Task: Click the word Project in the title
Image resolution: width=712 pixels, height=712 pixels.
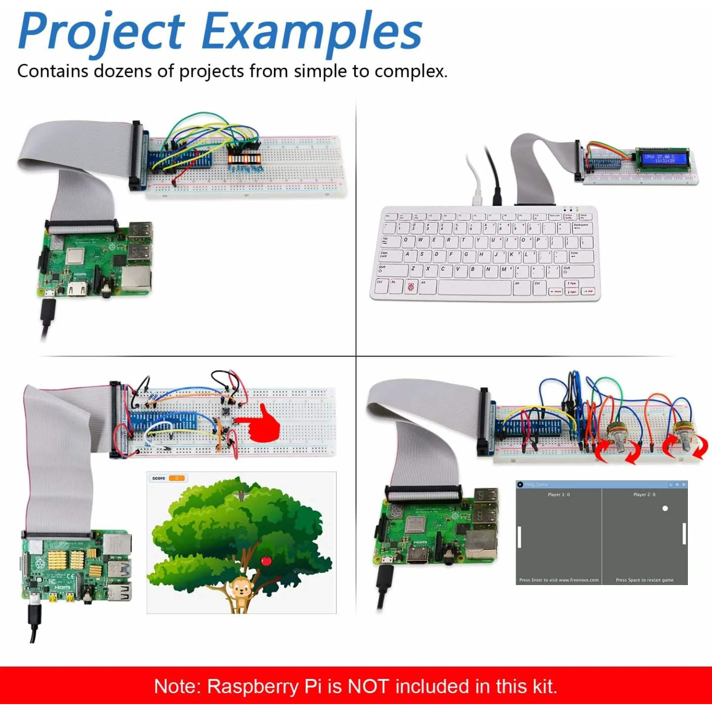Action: (x=101, y=32)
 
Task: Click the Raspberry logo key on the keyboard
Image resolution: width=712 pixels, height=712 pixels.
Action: (x=410, y=287)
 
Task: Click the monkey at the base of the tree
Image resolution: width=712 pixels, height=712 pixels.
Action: (x=241, y=591)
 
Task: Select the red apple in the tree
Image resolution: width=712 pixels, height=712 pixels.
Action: (x=266, y=560)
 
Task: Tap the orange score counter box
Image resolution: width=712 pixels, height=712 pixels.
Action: (x=177, y=478)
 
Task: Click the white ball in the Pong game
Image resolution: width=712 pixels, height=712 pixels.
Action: (x=665, y=508)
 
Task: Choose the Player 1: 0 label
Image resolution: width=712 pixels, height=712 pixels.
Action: (x=559, y=494)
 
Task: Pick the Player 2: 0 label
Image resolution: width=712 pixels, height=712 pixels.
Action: (x=644, y=494)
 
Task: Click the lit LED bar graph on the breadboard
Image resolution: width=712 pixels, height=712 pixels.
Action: (x=244, y=159)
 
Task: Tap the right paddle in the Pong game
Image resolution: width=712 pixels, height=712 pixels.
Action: (x=684, y=534)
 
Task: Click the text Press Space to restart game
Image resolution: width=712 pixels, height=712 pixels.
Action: (x=644, y=580)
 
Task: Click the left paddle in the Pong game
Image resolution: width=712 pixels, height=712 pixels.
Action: (x=519, y=537)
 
